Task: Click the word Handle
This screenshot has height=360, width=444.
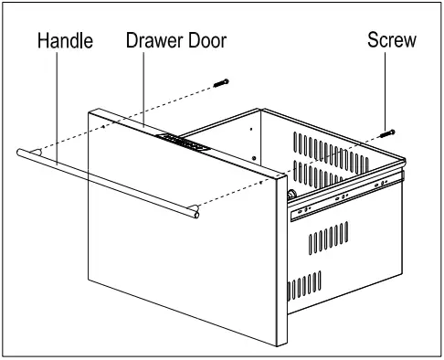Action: pos(65,41)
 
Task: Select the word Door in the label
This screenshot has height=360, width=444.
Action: pos(203,41)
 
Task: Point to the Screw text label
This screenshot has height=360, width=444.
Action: pos(391,40)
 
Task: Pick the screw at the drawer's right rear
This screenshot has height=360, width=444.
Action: pos(389,132)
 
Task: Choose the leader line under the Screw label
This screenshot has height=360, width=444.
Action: pos(391,91)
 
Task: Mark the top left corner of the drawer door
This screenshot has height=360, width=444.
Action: pos(90,112)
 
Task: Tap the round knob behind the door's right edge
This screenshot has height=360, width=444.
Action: pos(290,194)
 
